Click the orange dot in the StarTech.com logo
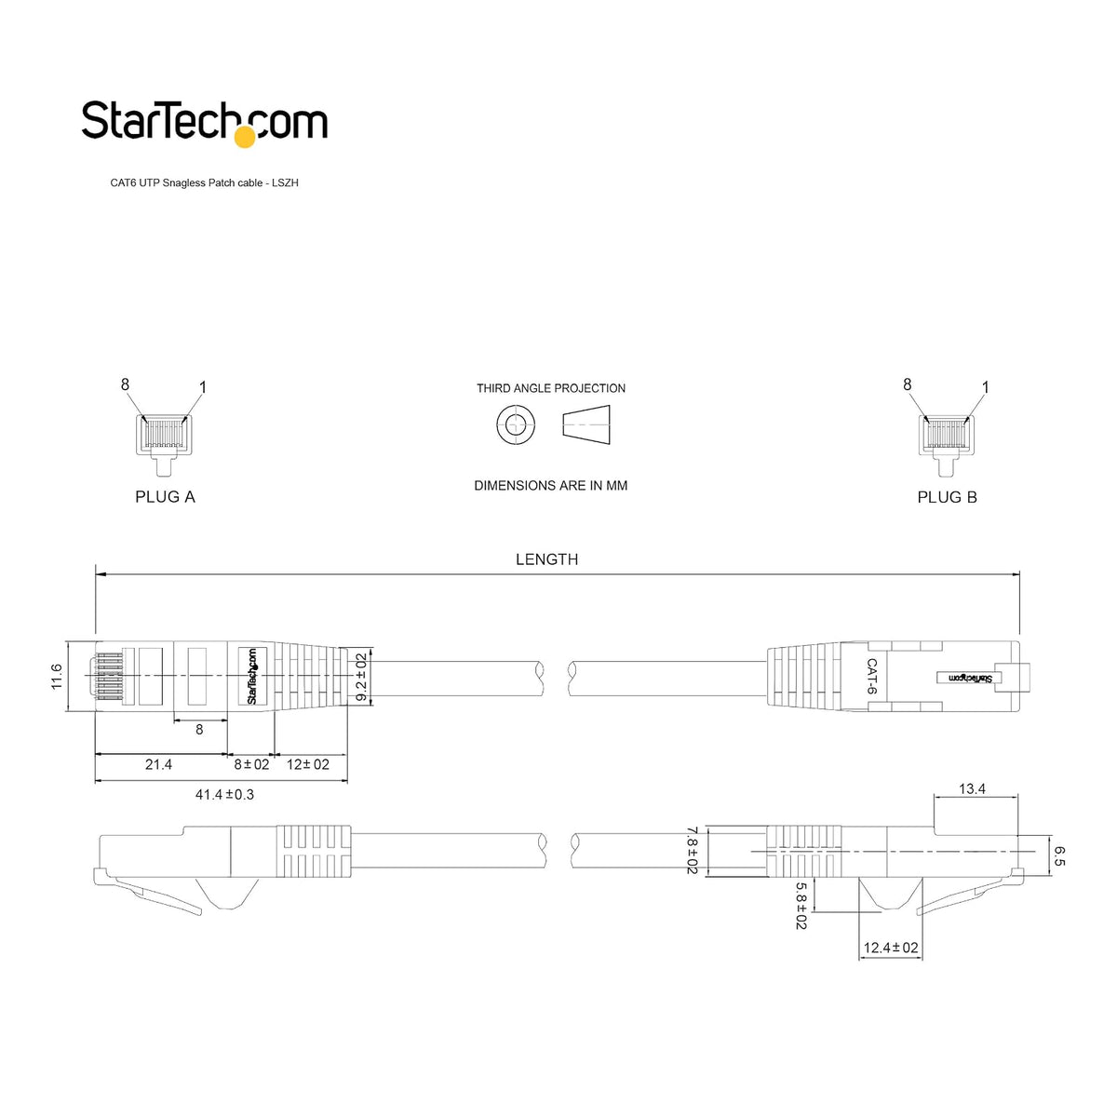[x=245, y=137]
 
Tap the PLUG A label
[x=165, y=497]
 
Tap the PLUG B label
[x=947, y=497]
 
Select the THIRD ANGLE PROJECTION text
[x=551, y=388]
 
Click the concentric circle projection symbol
[x=516, y=424]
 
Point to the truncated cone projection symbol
[x=586, y=424]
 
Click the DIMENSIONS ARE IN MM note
[x=551, y=486]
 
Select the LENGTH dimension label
[x=546, y=559]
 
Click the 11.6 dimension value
[x=56, y=677]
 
